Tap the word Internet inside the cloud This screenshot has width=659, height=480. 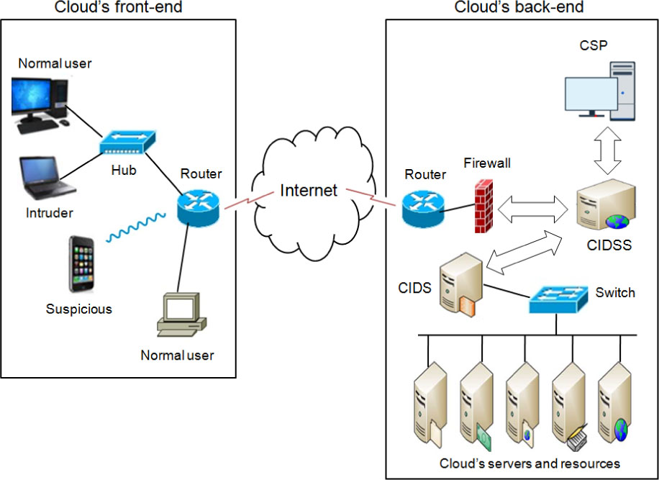click(309, 191)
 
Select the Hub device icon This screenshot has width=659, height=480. click(127, 142)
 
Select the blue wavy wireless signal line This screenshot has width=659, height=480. click(136, 228)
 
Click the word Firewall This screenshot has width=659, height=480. click(487, 163)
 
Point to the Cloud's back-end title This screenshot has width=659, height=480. click(519, 7)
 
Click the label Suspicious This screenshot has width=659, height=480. click(79, 309)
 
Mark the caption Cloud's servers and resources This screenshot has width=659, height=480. click(530, 463)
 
